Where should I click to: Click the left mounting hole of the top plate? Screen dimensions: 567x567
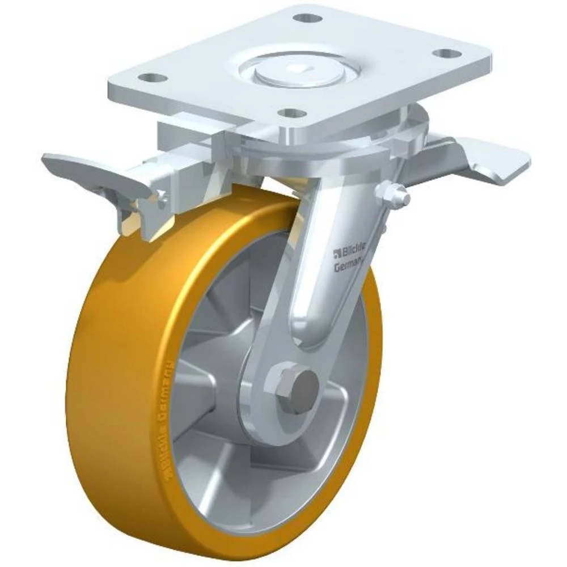pos(148,77)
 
